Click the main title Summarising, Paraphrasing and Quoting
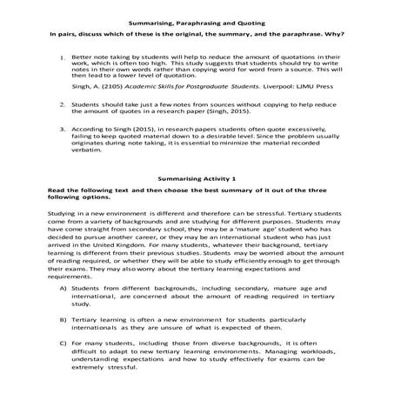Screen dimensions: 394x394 (197, 18)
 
